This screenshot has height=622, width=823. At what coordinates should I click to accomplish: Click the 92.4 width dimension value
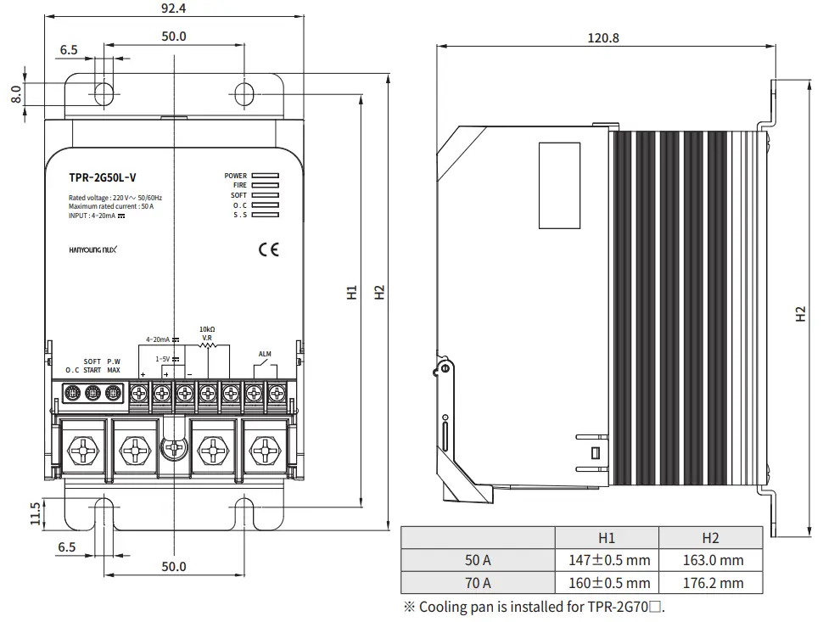click(173, 8)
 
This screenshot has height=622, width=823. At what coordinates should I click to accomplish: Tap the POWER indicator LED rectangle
click(265, 177)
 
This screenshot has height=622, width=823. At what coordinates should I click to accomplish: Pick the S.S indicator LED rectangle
click(265, 215)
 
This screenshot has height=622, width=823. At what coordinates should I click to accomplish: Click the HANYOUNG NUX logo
click(98, 249)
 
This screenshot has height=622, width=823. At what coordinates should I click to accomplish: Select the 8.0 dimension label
click(16, 93)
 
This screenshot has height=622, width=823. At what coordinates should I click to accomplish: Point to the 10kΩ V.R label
click(206, 333)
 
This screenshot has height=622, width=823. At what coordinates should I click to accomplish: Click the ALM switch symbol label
click(264, 354)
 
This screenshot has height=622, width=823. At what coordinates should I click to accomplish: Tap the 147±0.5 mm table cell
click(607, 560)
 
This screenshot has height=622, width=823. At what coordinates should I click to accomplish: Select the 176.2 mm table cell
click(711, 583)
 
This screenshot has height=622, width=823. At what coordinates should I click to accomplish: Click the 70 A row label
click(478, 583)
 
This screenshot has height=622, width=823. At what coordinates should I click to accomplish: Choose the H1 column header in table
click(607, 538)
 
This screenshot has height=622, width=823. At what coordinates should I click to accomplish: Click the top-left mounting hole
click(103, 92)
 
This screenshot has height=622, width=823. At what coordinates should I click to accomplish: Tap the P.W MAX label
click(114, 366)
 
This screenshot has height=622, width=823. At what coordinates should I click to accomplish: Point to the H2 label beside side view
click(800, 313)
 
